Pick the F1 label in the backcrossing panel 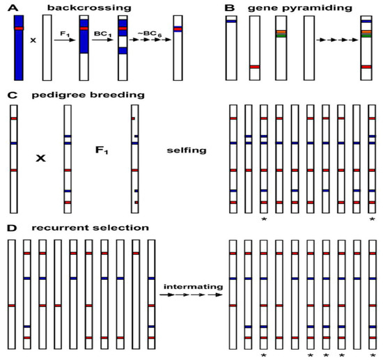67,40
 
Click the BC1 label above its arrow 103,40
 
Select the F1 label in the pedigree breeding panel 102,149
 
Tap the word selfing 182,149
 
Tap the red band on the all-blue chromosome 18,29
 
